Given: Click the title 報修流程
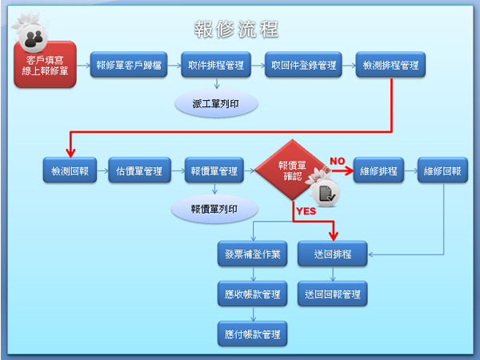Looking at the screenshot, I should (x=237, y=30).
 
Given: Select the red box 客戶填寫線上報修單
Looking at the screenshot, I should (x=46, y=66).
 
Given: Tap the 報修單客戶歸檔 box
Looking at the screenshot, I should (x=129, y=66).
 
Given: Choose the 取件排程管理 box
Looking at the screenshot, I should (x=216, y=66).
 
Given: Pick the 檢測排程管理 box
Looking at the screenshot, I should (x=391, y=66).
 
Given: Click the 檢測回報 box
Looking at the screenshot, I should (x=69, y=170).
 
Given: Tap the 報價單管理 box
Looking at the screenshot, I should (x=214, y=170).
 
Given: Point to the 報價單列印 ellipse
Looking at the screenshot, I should (x=214, y=209).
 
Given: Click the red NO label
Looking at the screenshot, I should (x=337, y=161).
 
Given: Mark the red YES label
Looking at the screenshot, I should (x=306, y=212).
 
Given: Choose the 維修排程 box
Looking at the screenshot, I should (x=378, y=170).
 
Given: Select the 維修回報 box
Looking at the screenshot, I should (x=443, y=170).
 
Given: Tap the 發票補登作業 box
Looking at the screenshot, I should (x=253, y=254).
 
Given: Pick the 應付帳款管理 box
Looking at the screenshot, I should (x=253, y=333).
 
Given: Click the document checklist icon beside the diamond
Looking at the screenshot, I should (x=328, y=193).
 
